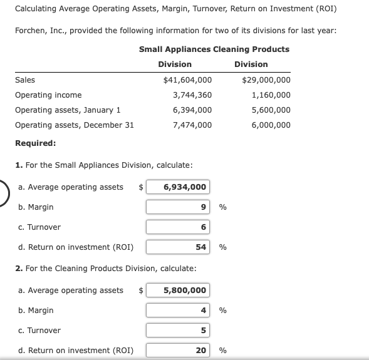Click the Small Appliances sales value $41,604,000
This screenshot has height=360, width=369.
click(x=187, y=80)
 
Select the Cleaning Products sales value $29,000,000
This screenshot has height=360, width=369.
click(x=266, y=80)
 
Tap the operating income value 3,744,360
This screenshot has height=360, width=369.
click(x=192, y=95)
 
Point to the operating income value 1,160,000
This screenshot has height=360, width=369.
click(x=271, y=95)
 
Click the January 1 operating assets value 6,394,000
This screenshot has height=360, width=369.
click(x=192, y=110)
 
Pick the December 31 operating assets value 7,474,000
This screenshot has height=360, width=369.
click(x=192, y=125)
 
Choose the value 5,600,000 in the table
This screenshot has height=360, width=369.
click(x=271, y=110)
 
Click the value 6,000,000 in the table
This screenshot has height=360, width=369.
click(x=271, y=125)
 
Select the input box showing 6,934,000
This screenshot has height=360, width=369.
click(x=178, y=187)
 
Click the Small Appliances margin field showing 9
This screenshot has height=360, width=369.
click(x=178, y=207)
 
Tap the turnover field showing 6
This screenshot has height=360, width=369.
click(x=178, y=227)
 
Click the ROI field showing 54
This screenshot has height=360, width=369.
click(x=178, y=247)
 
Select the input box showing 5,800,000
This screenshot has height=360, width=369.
click(x=178, y=291)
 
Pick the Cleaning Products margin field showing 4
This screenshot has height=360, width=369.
click(x=178, y=311)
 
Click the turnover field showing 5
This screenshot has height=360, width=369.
click(x=178, y=331)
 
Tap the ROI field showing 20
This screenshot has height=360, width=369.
click(x=178, y=351)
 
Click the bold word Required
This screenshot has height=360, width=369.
click(x=35, y=143)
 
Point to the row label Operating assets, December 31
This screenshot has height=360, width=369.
click(x=74, y=125)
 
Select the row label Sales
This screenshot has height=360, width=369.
click(x=25, y=80)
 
